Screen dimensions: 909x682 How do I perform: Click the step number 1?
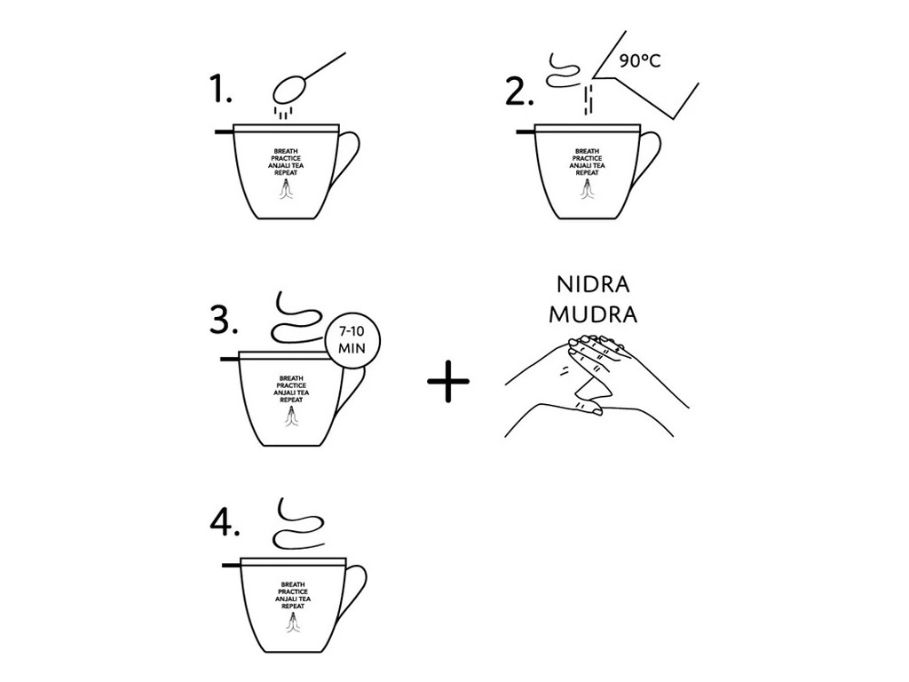tap(220, 91)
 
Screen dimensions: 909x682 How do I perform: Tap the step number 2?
tap(518, 91)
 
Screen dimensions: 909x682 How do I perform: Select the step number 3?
tap(224, 320)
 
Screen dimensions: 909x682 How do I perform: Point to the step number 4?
tap(225, 523)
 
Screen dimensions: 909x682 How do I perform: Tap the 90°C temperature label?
tap(639, 61)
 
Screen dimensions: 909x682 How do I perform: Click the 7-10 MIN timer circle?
tap(352, 340)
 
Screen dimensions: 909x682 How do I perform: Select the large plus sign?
tap(448, 381)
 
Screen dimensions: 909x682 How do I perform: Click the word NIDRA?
tap(592, 285)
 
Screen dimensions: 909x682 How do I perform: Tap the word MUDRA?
tap(593, 314)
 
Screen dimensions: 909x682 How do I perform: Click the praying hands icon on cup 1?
tap(287, 188)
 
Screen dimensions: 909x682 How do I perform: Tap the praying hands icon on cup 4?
tap(293, 623)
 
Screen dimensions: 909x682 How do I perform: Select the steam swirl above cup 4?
tap(299, 523)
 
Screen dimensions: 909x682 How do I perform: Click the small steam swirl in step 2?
tap(562, 70)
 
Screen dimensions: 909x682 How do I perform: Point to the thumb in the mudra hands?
tap(588, 408)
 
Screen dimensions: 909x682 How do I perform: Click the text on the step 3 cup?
tap(291, 389)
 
